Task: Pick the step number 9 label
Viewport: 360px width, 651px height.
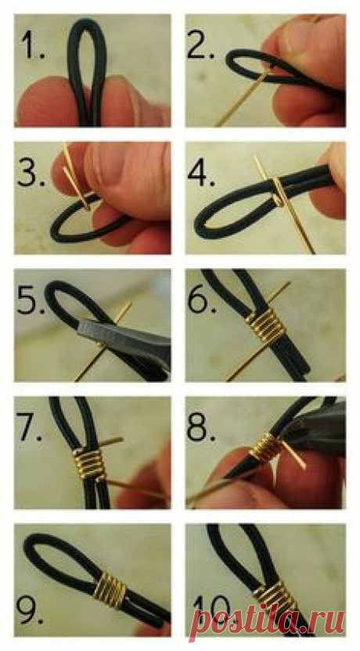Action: coord(31,610)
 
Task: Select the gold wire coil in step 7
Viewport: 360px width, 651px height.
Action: coord(90,462)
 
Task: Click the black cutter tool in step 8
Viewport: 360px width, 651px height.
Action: coord(315,428)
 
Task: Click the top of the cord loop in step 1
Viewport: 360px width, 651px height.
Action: coord(86,22)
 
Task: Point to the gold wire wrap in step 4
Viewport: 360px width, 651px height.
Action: coord(277,191)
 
